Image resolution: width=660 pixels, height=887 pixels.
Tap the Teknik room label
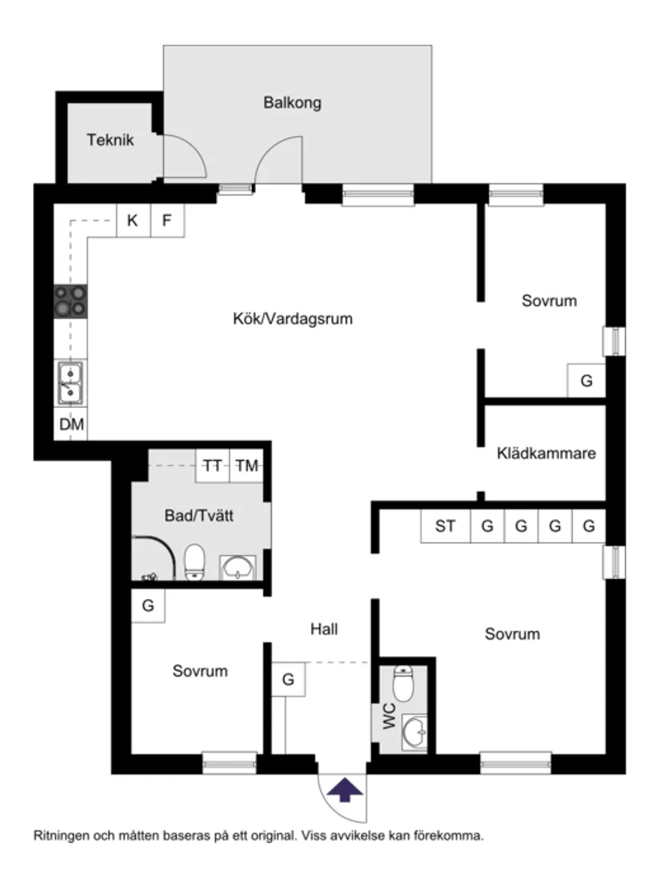(x=110, y=140)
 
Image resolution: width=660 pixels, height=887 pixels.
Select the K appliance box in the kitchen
(x=133, y=221)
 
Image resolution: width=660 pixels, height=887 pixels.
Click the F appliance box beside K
(x=167, y=221)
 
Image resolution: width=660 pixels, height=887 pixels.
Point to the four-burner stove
(x=70, y=302)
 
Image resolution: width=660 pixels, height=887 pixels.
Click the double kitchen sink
(x=70, y=382)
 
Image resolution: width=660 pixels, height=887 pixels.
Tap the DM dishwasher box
(x=71, y=425)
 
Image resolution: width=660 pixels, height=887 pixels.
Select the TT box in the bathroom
(x=213, y=466)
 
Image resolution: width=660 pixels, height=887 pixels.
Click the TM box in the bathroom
(x=246, y=466)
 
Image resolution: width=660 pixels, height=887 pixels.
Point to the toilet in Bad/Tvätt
(x=194, y=561)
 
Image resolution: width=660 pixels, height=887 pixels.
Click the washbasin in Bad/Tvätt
(x=238, y=568)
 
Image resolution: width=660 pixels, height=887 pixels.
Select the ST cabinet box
(x=446, y=526)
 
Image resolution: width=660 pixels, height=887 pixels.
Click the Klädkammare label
(x=546, y=453)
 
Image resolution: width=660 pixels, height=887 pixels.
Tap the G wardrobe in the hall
(x=288, y=681)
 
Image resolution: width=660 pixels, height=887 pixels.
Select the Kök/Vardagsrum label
(x=292, y=318)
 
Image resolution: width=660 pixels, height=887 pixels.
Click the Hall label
(x=324, y=629)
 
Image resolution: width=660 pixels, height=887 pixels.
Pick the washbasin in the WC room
(x=414, y=730)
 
